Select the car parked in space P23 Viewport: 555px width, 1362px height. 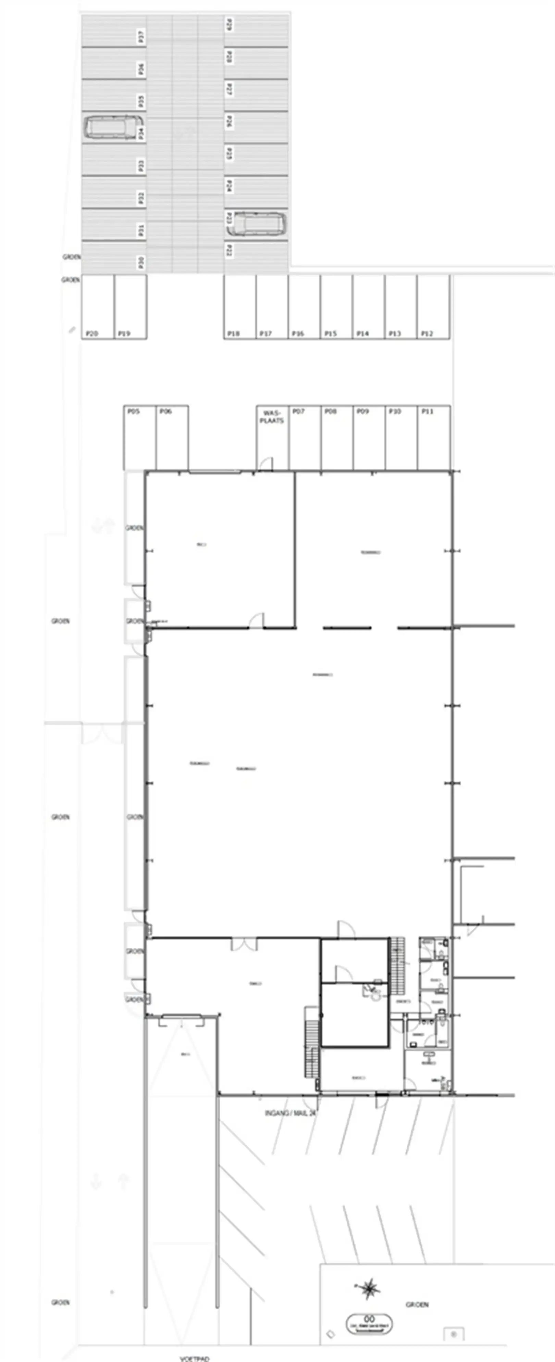(260, 224)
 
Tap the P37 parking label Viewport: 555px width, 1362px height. (141, 37)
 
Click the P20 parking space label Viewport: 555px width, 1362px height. (91, 333)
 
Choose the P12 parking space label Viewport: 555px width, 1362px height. (427, 333)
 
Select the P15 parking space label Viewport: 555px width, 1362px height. (330, 333)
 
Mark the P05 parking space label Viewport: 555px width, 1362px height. (133, 411)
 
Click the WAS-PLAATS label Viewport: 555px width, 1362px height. (272, 416)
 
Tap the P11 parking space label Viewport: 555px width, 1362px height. (427, 411)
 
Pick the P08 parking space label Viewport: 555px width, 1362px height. (330, 411)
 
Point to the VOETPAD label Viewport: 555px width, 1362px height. (194, 1358)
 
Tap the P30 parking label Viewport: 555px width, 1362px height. (141, 262)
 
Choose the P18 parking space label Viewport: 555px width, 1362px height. (233, 333)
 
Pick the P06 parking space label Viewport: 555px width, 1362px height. (165, 411)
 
